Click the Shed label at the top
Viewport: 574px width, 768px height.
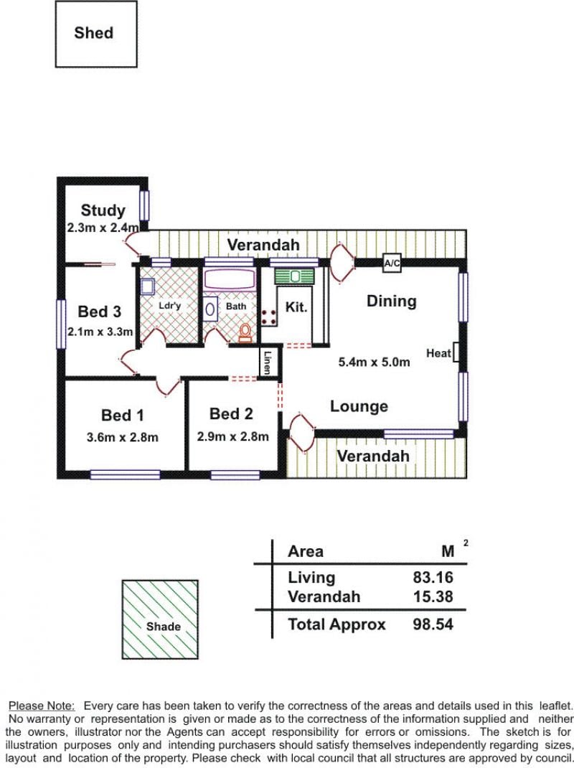[93, 33]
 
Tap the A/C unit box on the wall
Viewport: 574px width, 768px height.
[392, 263]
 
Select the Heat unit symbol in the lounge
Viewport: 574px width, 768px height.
[456, 352]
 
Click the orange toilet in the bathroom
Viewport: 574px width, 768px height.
[245, 333]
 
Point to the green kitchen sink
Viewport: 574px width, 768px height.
[294, 276]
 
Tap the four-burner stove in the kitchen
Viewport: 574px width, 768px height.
[268, 317]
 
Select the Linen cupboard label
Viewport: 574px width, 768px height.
[267, 363]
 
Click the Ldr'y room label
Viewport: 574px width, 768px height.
[170, 305]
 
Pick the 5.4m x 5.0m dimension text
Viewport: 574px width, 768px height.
[375, 362]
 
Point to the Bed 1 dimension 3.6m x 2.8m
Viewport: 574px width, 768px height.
[123, 437]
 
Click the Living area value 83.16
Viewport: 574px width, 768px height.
[433, 578]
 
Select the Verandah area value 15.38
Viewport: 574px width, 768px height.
[433, 596]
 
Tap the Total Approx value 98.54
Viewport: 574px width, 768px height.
[433, 624]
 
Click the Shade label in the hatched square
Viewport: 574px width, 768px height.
[163, 627]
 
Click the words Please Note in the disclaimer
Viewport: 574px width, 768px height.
[42, 706]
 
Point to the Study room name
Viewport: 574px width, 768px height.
[103, 210]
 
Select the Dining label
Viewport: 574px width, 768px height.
[391, 301]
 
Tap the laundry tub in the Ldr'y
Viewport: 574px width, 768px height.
[147, 286]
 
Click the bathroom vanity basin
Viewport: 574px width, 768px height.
[210, 309]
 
